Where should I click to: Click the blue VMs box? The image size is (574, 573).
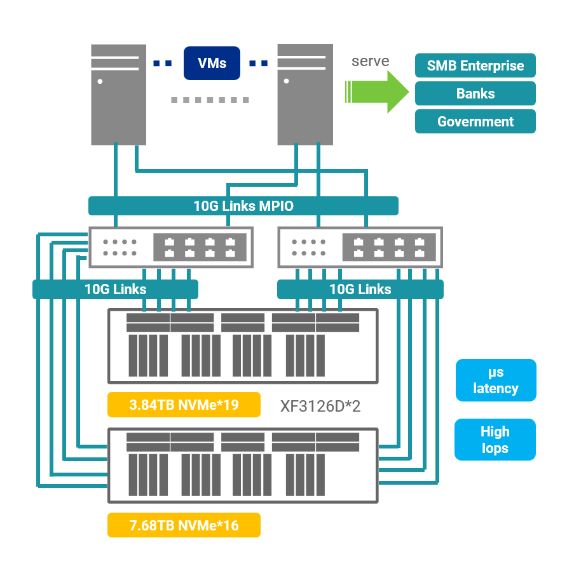pos(212,63)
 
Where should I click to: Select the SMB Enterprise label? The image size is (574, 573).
pos(475,65)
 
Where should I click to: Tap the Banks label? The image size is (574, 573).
pos(475,93)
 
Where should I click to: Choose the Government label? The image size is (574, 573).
pos(475,121)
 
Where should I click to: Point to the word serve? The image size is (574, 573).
pos(370,61)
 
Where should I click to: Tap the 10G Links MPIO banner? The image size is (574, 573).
pos(243,206)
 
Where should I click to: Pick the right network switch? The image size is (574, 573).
pos(360,247)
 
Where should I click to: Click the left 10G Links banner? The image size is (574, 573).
pos(115,290)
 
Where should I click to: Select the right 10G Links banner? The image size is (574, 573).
pos(360,290)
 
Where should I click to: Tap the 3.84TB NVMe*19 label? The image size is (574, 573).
pos(184,405)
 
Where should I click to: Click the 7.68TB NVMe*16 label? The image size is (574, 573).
pos(184,525)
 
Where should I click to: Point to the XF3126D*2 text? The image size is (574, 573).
pos(320,406)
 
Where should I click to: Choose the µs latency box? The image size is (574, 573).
pos(495,381)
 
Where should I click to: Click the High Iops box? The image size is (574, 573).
pos(495,440)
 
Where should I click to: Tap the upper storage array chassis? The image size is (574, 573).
pos(243,346)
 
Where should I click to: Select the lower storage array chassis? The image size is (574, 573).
pos(243,466)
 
